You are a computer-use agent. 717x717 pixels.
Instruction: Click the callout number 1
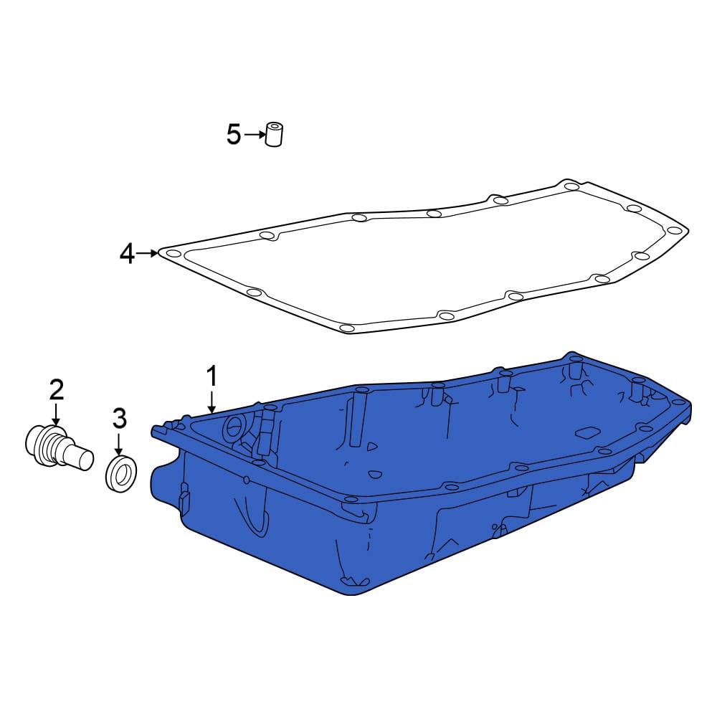[212, 376]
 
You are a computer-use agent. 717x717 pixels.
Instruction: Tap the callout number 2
[56, 390]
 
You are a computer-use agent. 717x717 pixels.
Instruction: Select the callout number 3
[119, 419]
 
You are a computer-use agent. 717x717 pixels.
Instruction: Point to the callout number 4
[127, 254]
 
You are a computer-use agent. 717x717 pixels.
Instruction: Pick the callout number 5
[233, 135]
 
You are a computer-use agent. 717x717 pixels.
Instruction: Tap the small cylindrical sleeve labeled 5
[274, 135]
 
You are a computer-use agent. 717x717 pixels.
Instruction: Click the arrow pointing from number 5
[255, 135]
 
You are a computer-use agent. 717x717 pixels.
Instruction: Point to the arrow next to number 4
[147, 253]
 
